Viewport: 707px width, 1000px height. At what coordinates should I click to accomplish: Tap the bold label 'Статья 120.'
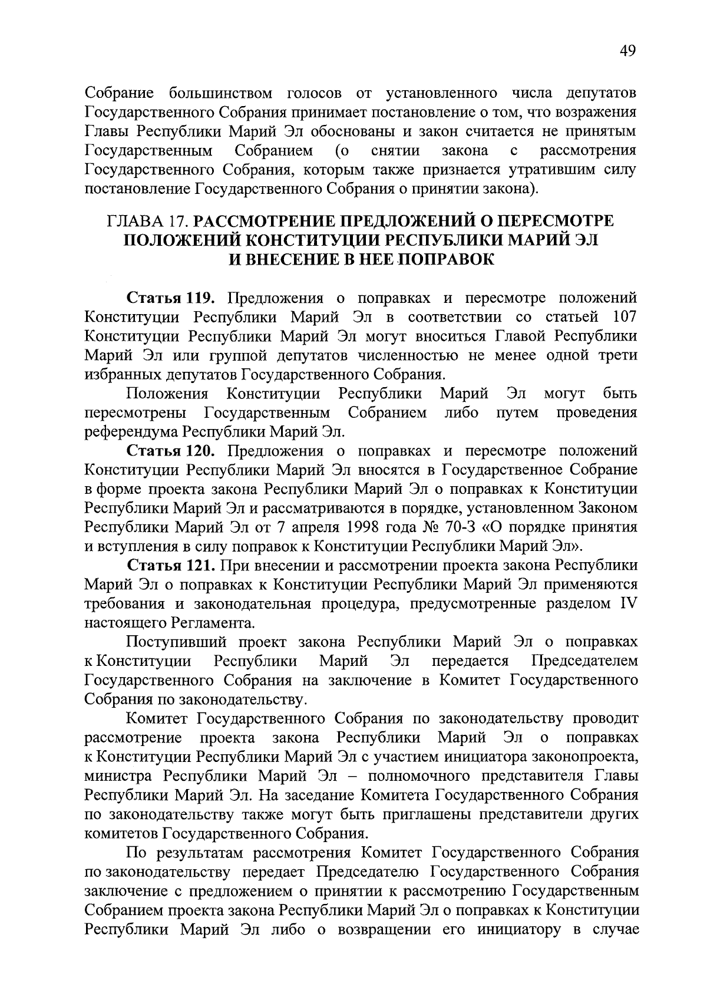(x=164, y=451)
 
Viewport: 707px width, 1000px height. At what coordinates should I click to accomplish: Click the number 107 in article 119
(x=624, y=317)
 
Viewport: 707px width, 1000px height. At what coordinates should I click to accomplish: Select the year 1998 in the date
(x=381, y=527)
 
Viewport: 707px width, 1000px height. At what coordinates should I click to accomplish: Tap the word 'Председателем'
(x=584, y=661)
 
